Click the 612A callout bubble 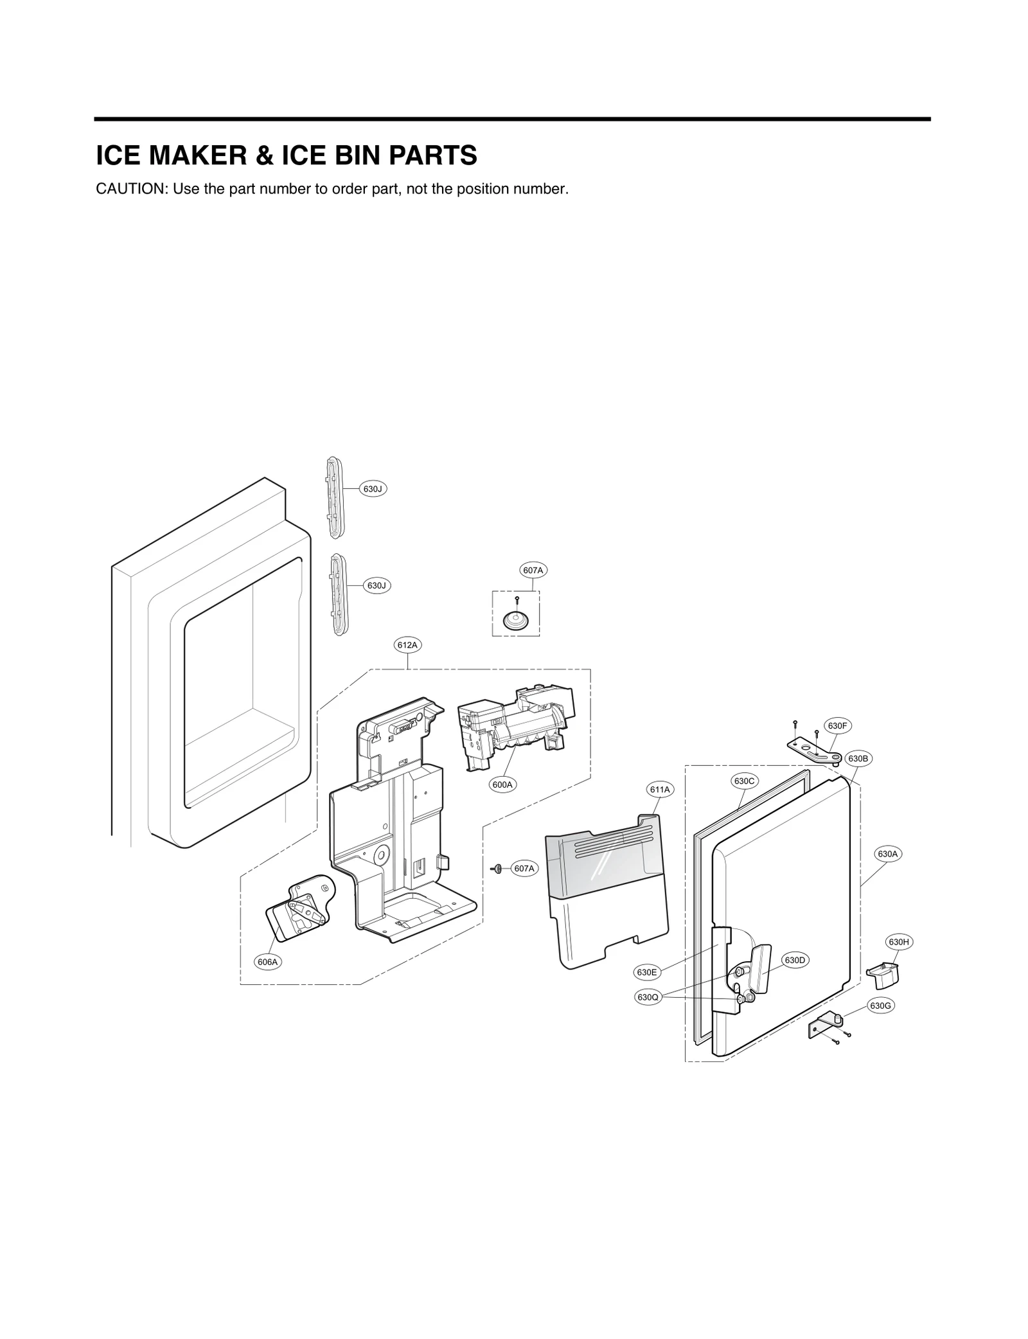(x=407, y=644)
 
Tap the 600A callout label (x=502, y=785)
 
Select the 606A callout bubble (x=267, y=962)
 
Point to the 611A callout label (x=660, y=790)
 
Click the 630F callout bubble (x=837, y=726)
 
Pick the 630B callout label (x=858, y=758)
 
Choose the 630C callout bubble (x=744, y=781)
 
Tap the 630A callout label (x=887, y=854)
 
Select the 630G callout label (x=880, y=1006)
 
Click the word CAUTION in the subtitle (x=130, y=190)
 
